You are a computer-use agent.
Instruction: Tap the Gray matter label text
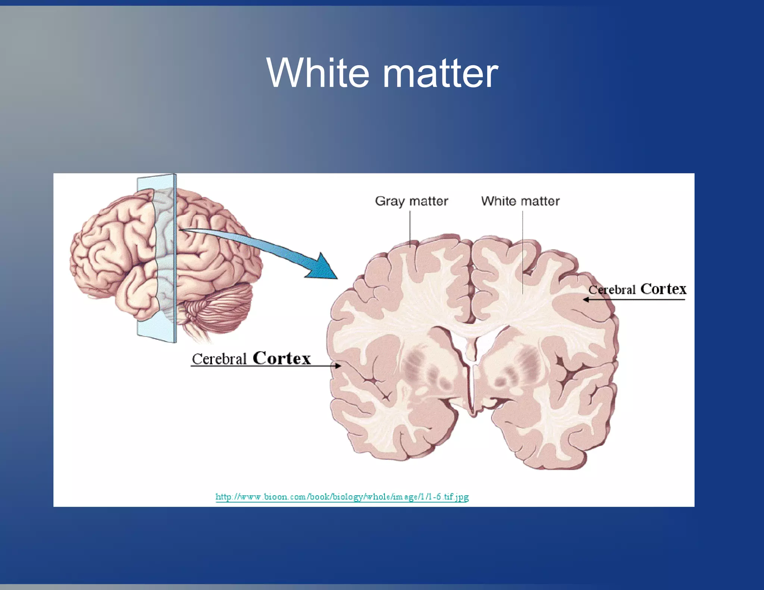click(411, 201)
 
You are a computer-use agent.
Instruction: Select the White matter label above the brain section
click(520, 201)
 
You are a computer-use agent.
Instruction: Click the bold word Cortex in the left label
click(282, 358)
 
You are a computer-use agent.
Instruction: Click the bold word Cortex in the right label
click(663, 289)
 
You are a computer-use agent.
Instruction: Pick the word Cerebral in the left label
click(219, 359)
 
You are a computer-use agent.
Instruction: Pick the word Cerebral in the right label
click(612, 290)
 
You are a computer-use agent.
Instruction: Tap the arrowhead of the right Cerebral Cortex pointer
click(586, 299)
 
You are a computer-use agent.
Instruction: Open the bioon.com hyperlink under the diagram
click(342, 497)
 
